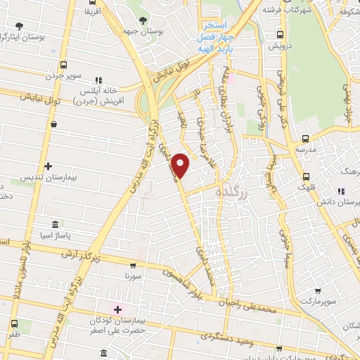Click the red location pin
(x=181, y=165)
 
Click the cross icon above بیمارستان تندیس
(x=48, y=166)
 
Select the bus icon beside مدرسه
(x=305, y=139)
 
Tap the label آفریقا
(x=91, y=12)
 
